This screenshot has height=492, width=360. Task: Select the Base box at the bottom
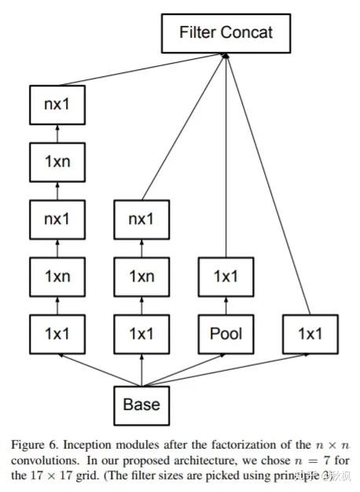141,404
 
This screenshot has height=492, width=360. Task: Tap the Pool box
226,333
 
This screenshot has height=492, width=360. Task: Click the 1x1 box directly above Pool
226,276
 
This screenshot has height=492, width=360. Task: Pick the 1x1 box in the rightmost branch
310,333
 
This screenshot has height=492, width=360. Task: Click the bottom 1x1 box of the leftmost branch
57,333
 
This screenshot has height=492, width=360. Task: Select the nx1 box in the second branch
141,219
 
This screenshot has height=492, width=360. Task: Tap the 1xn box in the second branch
141,276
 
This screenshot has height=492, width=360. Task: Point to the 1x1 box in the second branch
141,333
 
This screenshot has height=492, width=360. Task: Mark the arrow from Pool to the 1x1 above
226,305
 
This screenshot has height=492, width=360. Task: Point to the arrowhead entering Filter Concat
226,56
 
